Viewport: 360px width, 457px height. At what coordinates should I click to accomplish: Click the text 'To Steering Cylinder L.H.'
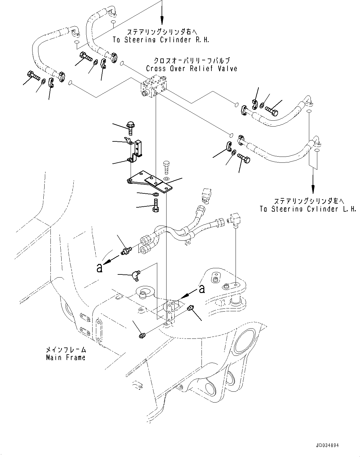tap(308, 209)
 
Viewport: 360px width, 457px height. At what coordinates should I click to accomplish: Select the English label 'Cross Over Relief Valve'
tap(192, 68)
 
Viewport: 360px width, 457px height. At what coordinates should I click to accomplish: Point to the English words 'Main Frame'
tap(65, 358)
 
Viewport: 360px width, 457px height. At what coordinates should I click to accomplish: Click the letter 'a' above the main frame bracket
tap(202, 289)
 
